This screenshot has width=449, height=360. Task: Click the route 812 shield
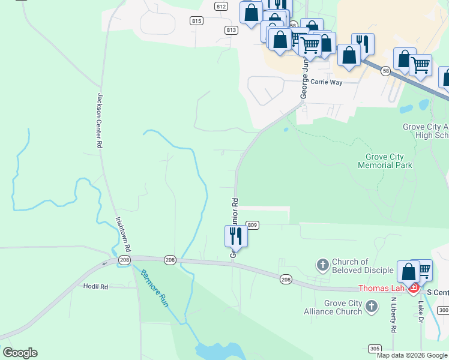[221, 7]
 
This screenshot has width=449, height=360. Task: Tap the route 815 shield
[196, 20]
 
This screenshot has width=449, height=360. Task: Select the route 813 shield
[232, 29]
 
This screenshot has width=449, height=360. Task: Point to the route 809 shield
[252, 225]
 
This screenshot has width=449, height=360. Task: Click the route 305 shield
[375, 348]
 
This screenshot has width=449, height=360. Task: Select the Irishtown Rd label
[123, 233]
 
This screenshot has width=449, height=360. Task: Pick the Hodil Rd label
[95, 287]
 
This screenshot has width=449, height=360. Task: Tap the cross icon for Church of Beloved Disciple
[322, 265]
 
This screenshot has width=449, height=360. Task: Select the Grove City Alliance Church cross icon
[372, 307]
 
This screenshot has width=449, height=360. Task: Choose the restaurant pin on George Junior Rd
[236, 236]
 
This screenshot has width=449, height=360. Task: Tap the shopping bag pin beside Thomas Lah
[408, 272]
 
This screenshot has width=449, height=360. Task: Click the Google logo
[20, 353]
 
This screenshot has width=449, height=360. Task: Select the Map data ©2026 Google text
[412, 355]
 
